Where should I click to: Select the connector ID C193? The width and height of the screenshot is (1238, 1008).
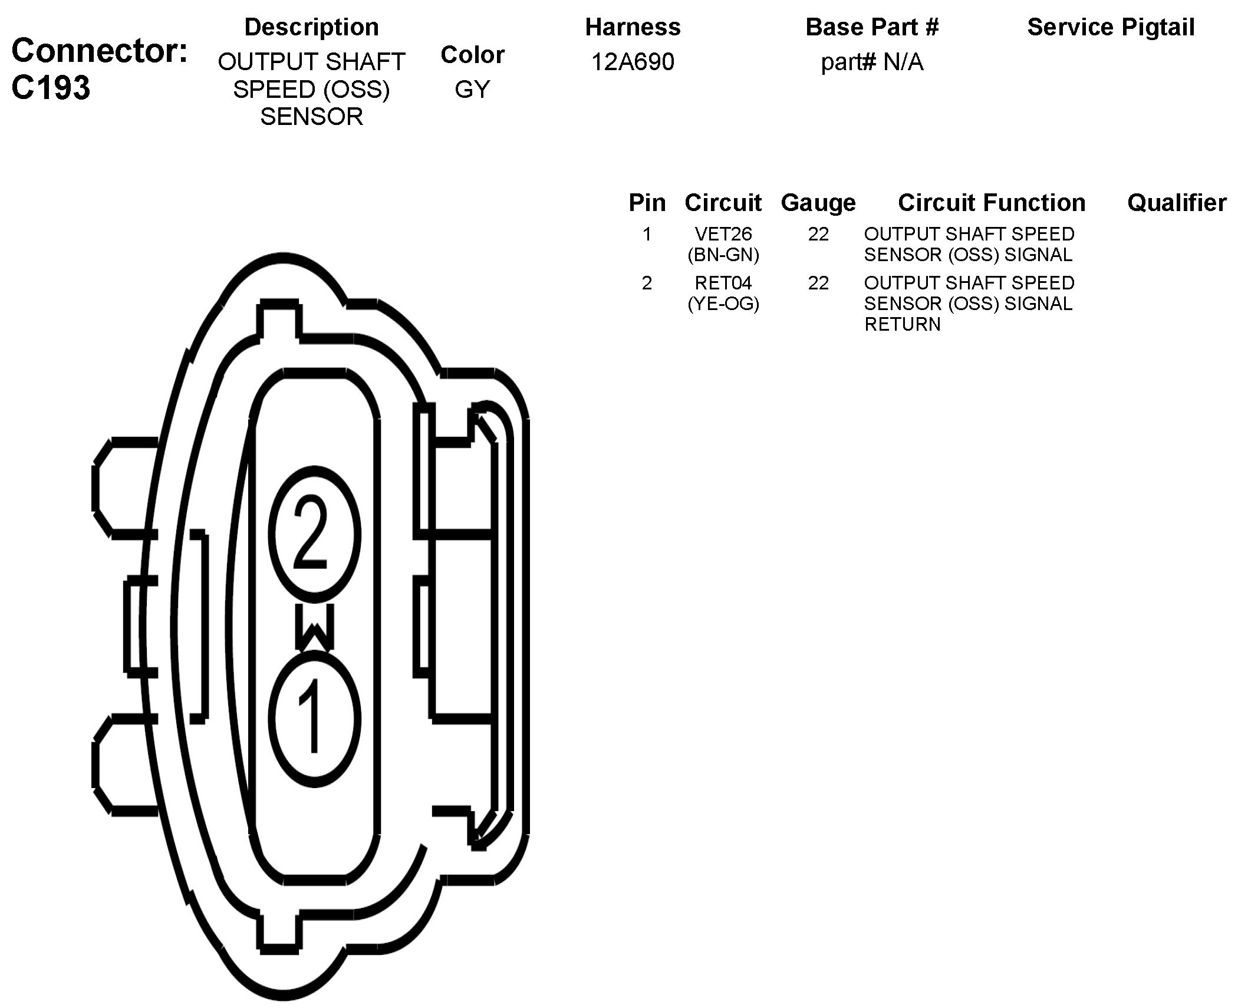51,88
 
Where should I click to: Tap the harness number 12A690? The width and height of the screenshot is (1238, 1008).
633,62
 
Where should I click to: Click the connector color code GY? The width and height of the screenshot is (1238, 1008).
472,90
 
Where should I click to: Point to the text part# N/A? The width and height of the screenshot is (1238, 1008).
872,62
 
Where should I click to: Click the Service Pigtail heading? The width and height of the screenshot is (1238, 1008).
1111,27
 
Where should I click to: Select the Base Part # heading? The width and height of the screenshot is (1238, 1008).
872,27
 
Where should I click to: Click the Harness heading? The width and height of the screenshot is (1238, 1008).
633,27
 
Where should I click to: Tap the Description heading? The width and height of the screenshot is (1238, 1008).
311,27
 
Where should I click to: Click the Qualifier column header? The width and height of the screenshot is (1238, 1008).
1177,203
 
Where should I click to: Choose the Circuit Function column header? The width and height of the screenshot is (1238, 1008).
992,203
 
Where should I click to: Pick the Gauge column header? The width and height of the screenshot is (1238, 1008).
818,203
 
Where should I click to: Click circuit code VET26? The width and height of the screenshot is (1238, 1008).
723,234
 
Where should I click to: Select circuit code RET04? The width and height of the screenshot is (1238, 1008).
723,283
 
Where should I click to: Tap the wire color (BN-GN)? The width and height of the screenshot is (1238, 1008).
723,255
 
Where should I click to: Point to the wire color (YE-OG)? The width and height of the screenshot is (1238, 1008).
723,304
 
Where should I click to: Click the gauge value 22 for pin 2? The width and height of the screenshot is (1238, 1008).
818,283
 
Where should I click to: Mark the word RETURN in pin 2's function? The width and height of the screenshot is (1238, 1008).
902,324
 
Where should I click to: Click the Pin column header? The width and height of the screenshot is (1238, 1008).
647,203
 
